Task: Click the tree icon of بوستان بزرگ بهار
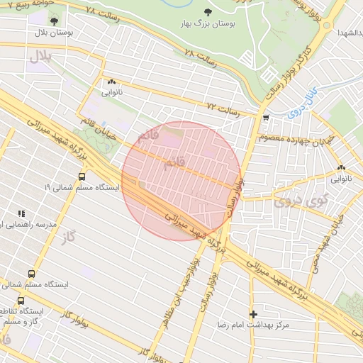pos(208,12)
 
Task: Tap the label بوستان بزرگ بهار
pos(207,24)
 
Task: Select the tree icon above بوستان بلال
pos(55,21)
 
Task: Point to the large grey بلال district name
pos(40,56)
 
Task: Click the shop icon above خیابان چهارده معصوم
pos(266,118)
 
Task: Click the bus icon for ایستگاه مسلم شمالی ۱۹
pos(82,177)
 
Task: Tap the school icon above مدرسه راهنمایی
pos(21,213)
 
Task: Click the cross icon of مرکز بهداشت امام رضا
pos(253,313)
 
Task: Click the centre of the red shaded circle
pos(181,181)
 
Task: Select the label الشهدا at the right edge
pos(349,33)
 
